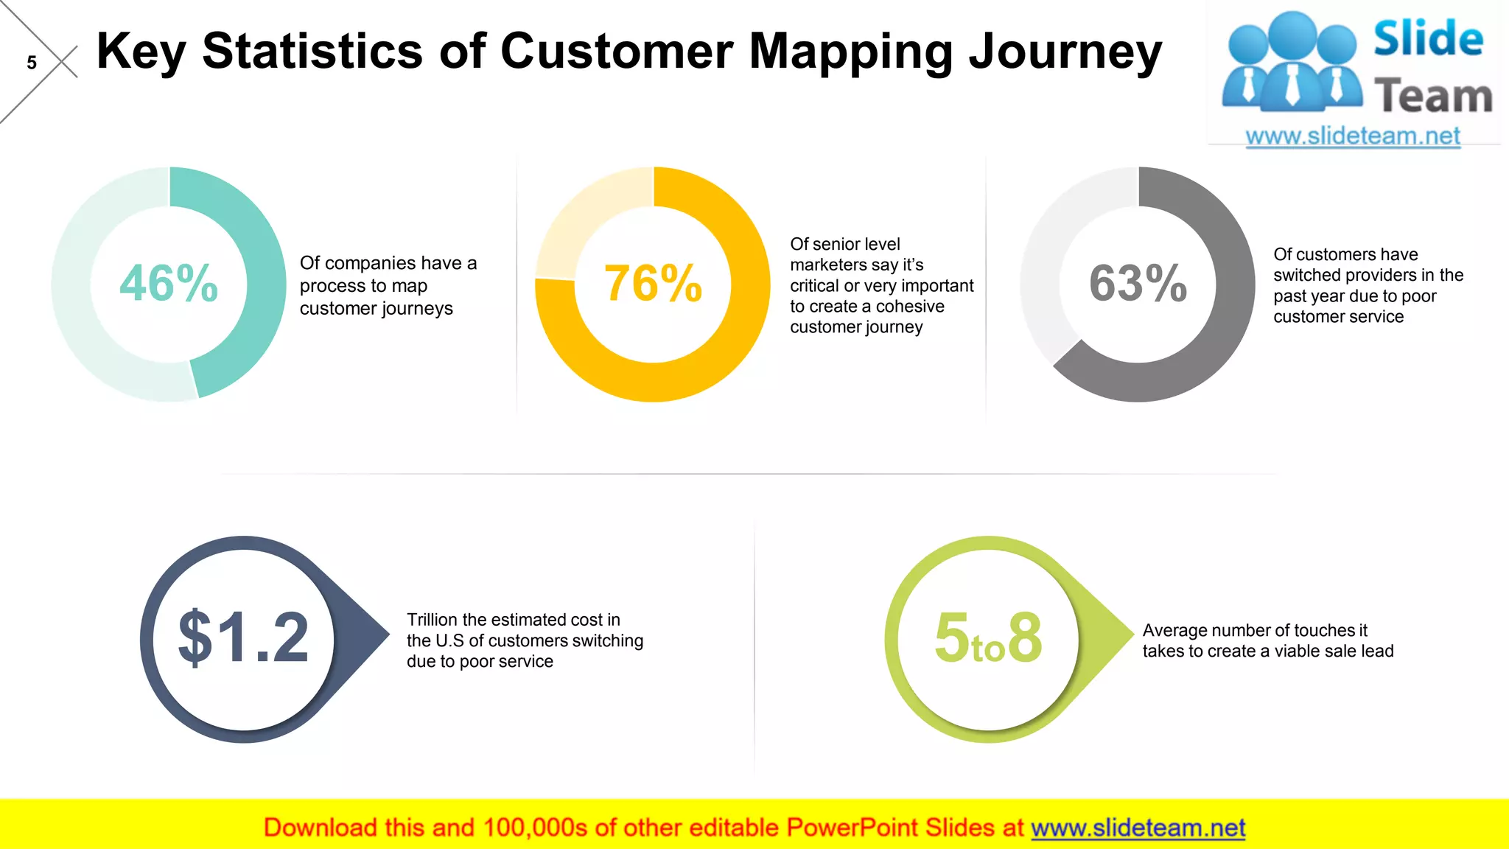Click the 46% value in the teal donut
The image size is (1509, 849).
point(169,284)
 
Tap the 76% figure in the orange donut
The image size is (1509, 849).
point(653,284)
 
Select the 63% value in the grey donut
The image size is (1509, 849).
point(1138,284)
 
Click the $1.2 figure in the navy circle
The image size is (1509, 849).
point(243,637)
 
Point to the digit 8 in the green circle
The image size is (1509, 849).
point(1025,637)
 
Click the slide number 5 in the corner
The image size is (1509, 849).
point(32,63)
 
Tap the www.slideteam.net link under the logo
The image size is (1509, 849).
point(1353,136)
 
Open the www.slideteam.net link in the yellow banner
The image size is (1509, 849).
point(1138,828)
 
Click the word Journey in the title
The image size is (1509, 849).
point(1065,52)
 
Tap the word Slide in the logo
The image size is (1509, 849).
point(1428,39)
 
